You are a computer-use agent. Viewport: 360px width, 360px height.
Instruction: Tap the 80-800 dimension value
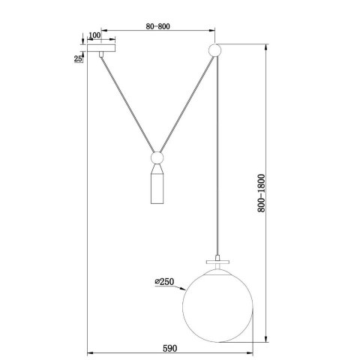pos(157,26)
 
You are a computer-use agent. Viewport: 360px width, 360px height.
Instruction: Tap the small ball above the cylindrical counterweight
pos(157,159)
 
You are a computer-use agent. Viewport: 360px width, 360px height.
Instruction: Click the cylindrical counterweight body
pos(157,187)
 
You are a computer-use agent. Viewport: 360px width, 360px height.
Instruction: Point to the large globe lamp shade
pos(217,300)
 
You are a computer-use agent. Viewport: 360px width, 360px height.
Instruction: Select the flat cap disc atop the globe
pos(217,262)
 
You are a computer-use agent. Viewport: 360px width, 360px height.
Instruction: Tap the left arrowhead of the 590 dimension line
pos(91,352)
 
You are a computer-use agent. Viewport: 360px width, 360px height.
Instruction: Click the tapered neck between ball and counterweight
pos(157,169)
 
